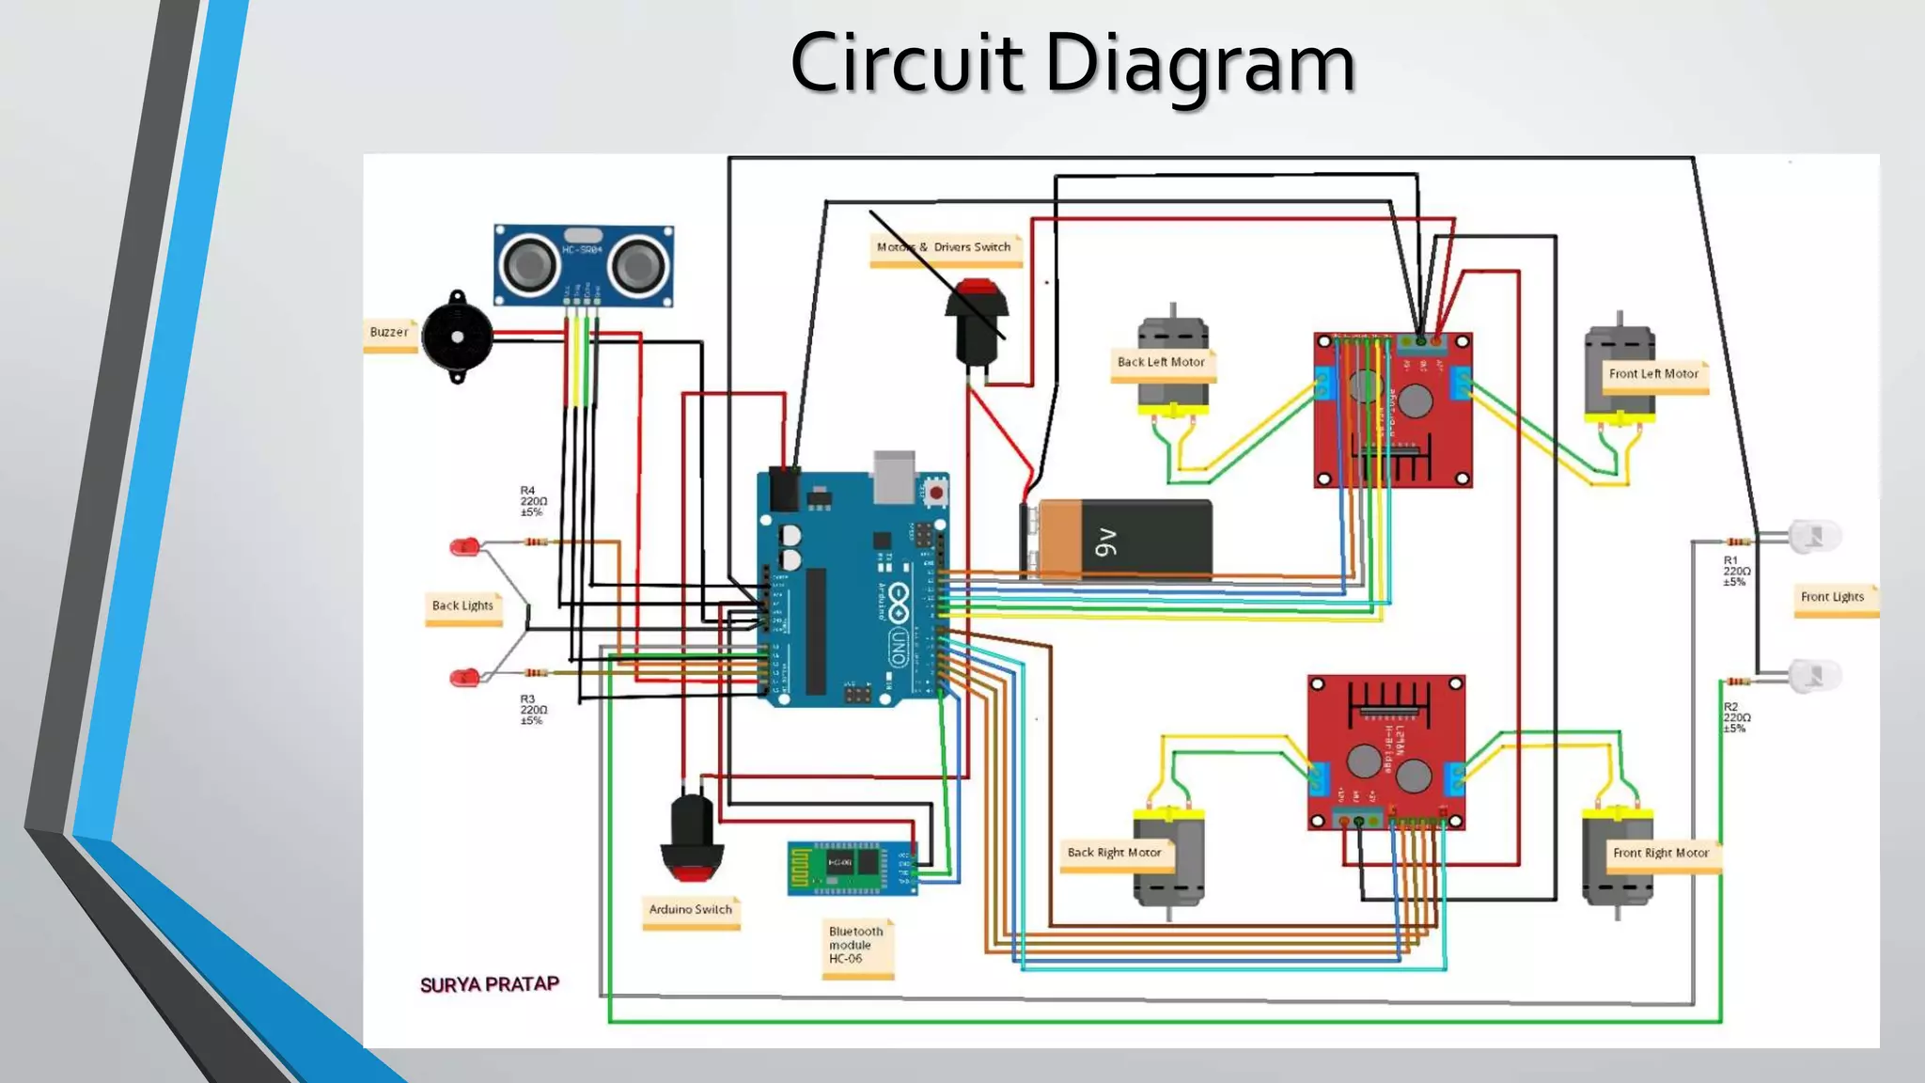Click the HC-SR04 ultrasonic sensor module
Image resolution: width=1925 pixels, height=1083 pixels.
point(584,264)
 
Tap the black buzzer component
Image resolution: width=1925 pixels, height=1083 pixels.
point(457,337)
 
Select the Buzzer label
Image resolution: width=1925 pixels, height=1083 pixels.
point(389,333)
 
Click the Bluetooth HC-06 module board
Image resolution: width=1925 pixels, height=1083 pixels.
point(851,867)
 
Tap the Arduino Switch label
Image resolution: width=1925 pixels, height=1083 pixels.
point(691,910)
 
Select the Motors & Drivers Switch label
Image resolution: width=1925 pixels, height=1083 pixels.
point(944,248)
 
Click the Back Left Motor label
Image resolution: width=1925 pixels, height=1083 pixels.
point(1161,363)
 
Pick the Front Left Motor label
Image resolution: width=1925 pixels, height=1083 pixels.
point(1653,374)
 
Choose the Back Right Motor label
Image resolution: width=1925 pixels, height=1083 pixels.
point(1114,854)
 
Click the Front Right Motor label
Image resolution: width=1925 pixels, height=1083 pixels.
point(1661,854)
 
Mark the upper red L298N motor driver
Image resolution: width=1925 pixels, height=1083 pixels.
point(1392,409)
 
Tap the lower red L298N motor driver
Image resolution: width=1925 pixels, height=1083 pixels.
point(1385,752)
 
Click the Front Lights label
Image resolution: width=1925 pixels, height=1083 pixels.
point(1832,598)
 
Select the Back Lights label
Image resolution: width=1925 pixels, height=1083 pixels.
point(462,606)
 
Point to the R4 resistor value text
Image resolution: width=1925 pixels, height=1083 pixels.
point(533,502)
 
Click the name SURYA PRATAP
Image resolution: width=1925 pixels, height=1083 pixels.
point(489,985)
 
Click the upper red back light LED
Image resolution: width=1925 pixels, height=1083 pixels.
point(464,546)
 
